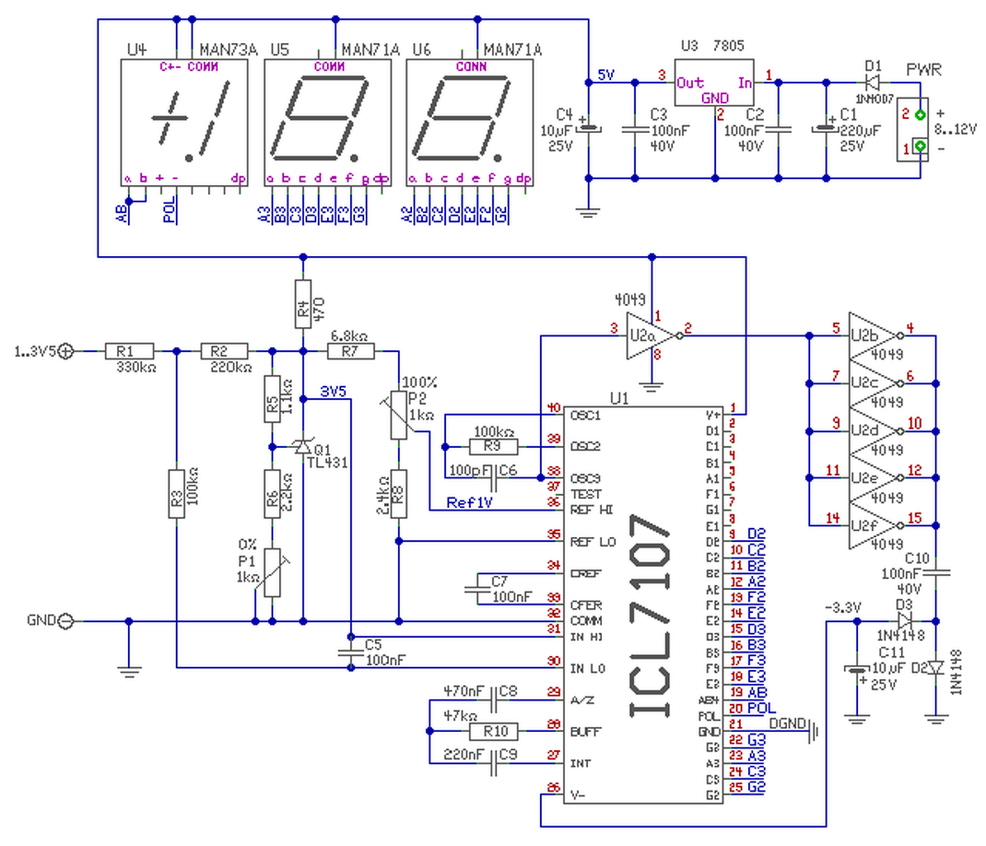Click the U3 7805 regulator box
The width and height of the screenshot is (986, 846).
(715, 83)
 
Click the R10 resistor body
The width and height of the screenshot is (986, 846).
(495, 731)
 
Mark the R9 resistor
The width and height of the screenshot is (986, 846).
(494, 447)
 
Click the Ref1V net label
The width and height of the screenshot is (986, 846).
(469, 502)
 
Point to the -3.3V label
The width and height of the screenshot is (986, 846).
(842, 607)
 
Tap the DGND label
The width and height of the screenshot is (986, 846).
(786, 724)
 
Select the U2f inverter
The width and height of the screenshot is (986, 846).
(871, 525)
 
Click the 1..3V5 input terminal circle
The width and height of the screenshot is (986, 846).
(66, 351)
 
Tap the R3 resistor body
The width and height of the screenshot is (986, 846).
(176, 494)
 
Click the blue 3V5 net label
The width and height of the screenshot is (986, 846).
(334, 392)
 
